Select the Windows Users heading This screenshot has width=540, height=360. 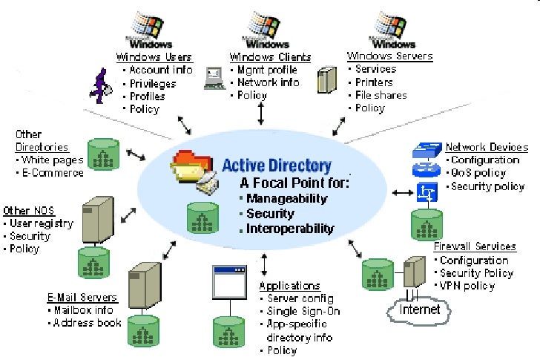154,57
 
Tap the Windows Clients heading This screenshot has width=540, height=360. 270,57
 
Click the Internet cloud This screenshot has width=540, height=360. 419,310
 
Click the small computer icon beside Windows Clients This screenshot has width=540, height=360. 214,77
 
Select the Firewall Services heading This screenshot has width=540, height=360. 475,246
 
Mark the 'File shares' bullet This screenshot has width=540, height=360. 380,95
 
